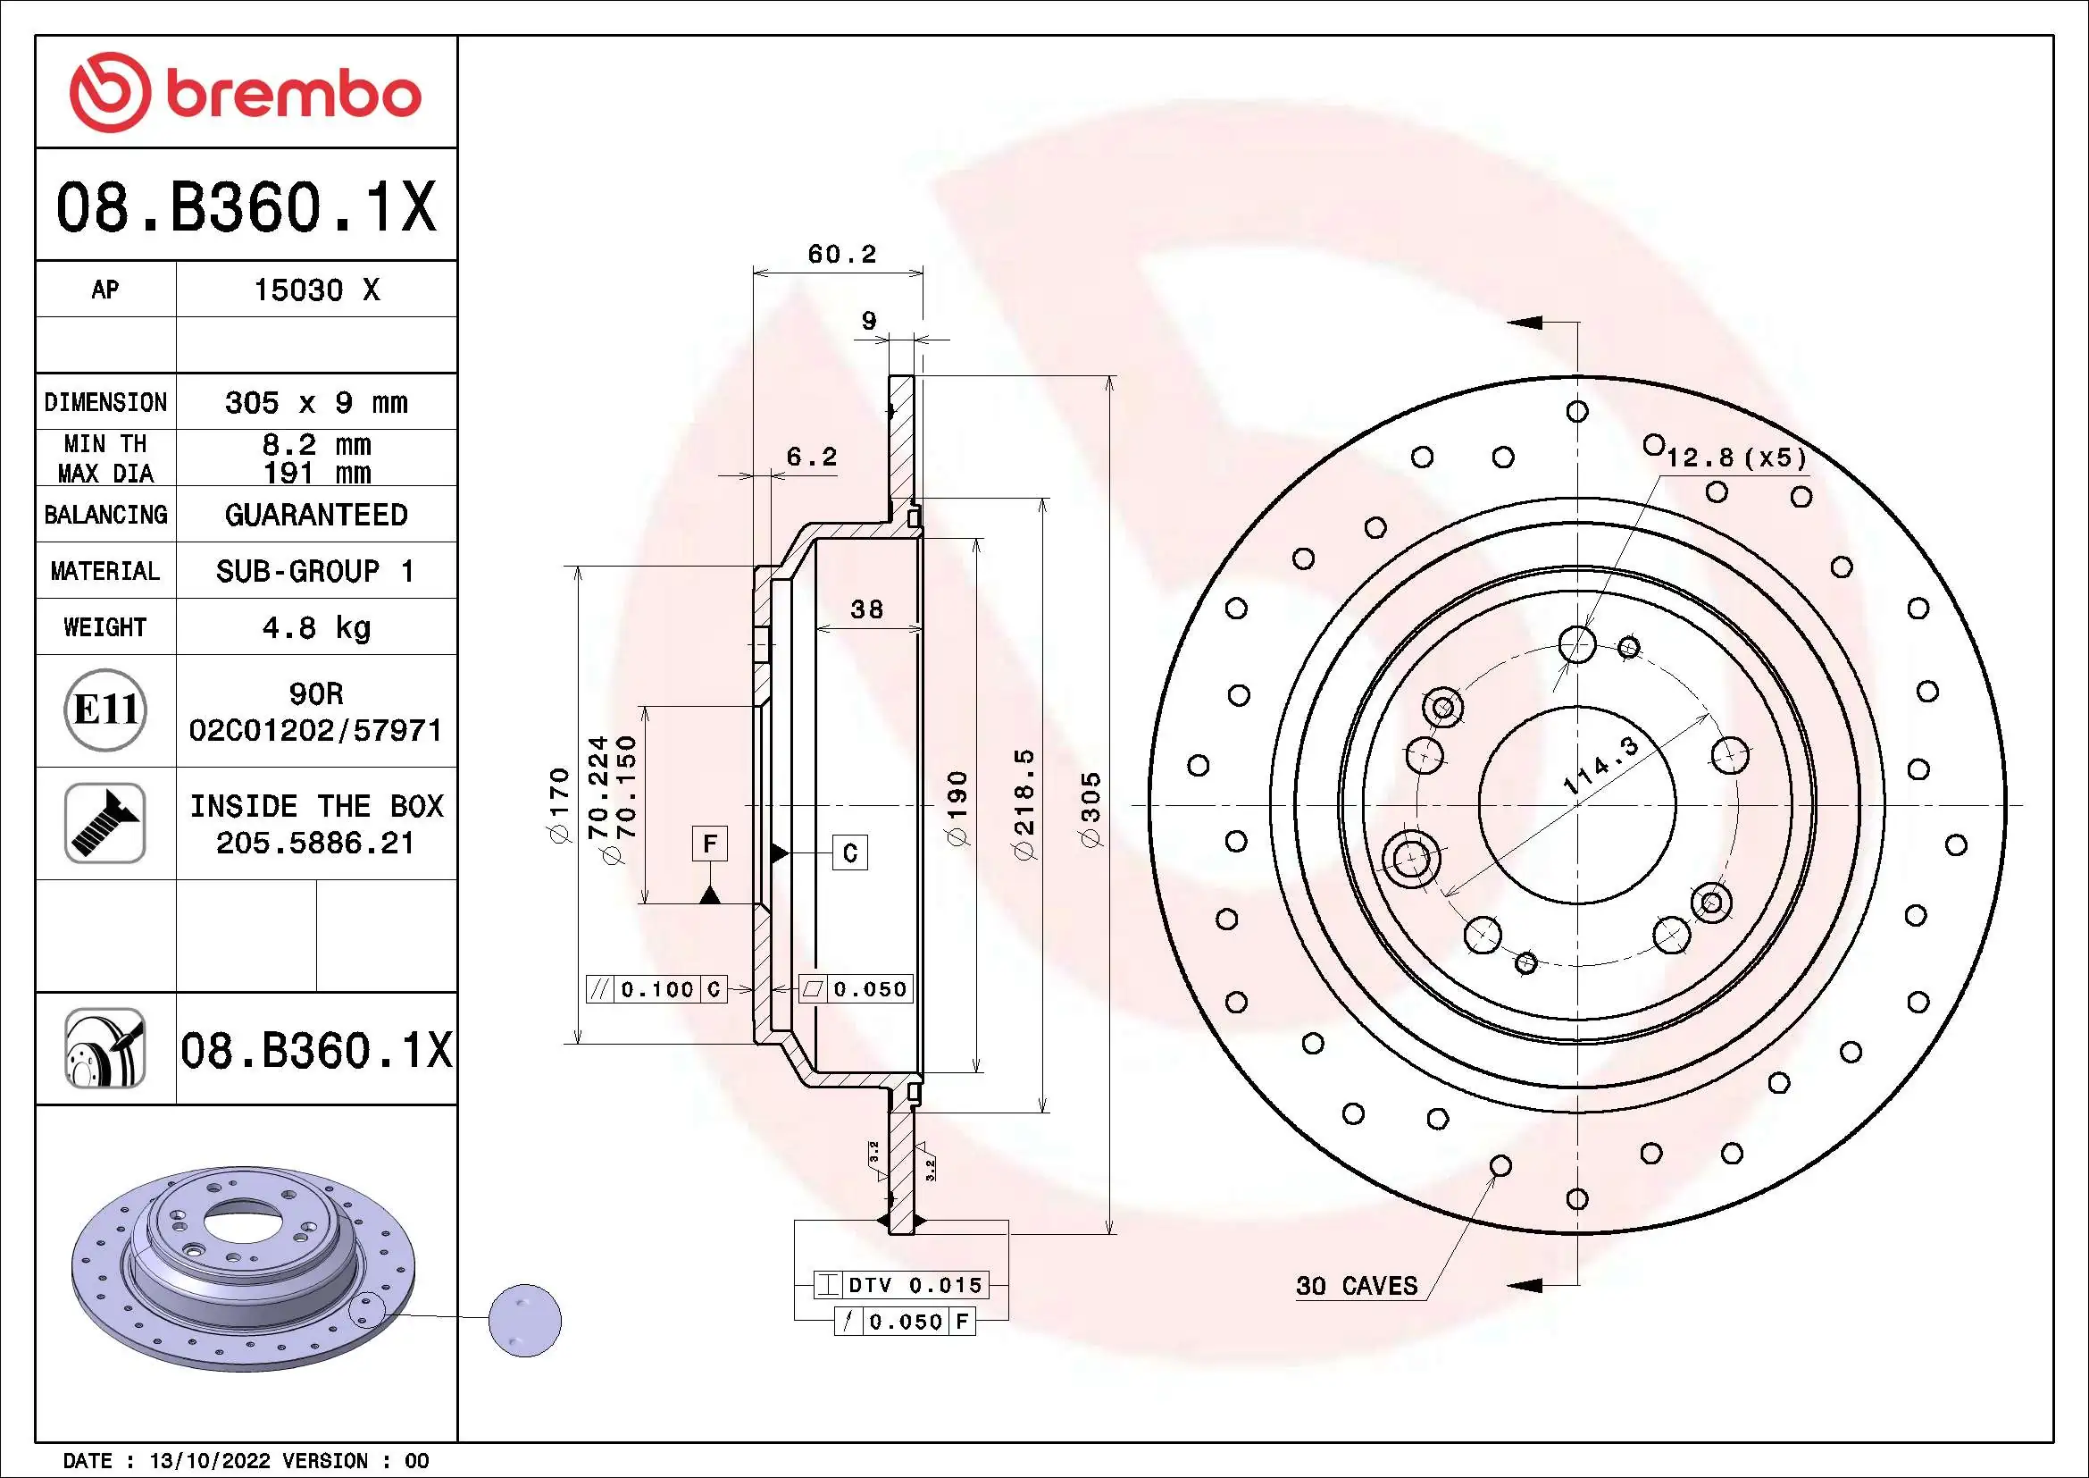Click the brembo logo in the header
[246, 93]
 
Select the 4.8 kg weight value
[315, 627]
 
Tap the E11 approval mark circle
[105, 710]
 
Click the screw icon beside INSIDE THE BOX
[105, 823]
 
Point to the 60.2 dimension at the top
[841, 254]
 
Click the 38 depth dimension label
[866, 609]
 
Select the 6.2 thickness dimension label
[811, 457]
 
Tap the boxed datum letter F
[710, 844]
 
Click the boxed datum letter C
[849, 852]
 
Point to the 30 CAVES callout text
[1356, 1286]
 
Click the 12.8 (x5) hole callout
[1735, 458]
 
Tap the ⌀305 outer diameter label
[1090, 810]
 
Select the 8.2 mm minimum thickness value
[315, 444]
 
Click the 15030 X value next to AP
[315, 290]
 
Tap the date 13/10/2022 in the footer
[209, 1461]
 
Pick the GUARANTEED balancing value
[315, 515]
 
